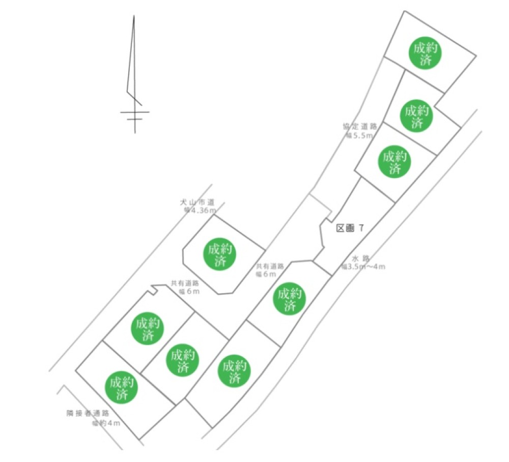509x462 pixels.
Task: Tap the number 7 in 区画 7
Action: click(361, 228)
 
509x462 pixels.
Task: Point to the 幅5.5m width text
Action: click(360, 135)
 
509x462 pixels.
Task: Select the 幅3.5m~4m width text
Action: click(363, 266)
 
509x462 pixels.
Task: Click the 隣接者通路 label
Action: click(88, 413)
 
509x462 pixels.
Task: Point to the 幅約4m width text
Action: click(106, 423)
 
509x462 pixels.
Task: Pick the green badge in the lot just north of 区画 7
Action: click(395, 162)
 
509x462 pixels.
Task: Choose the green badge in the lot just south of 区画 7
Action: click(290, 299)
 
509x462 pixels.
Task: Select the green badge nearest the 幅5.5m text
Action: click(395, 162)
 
